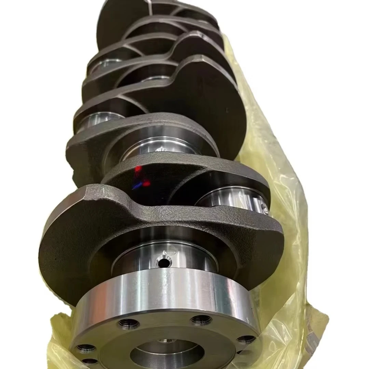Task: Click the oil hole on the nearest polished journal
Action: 164,263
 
